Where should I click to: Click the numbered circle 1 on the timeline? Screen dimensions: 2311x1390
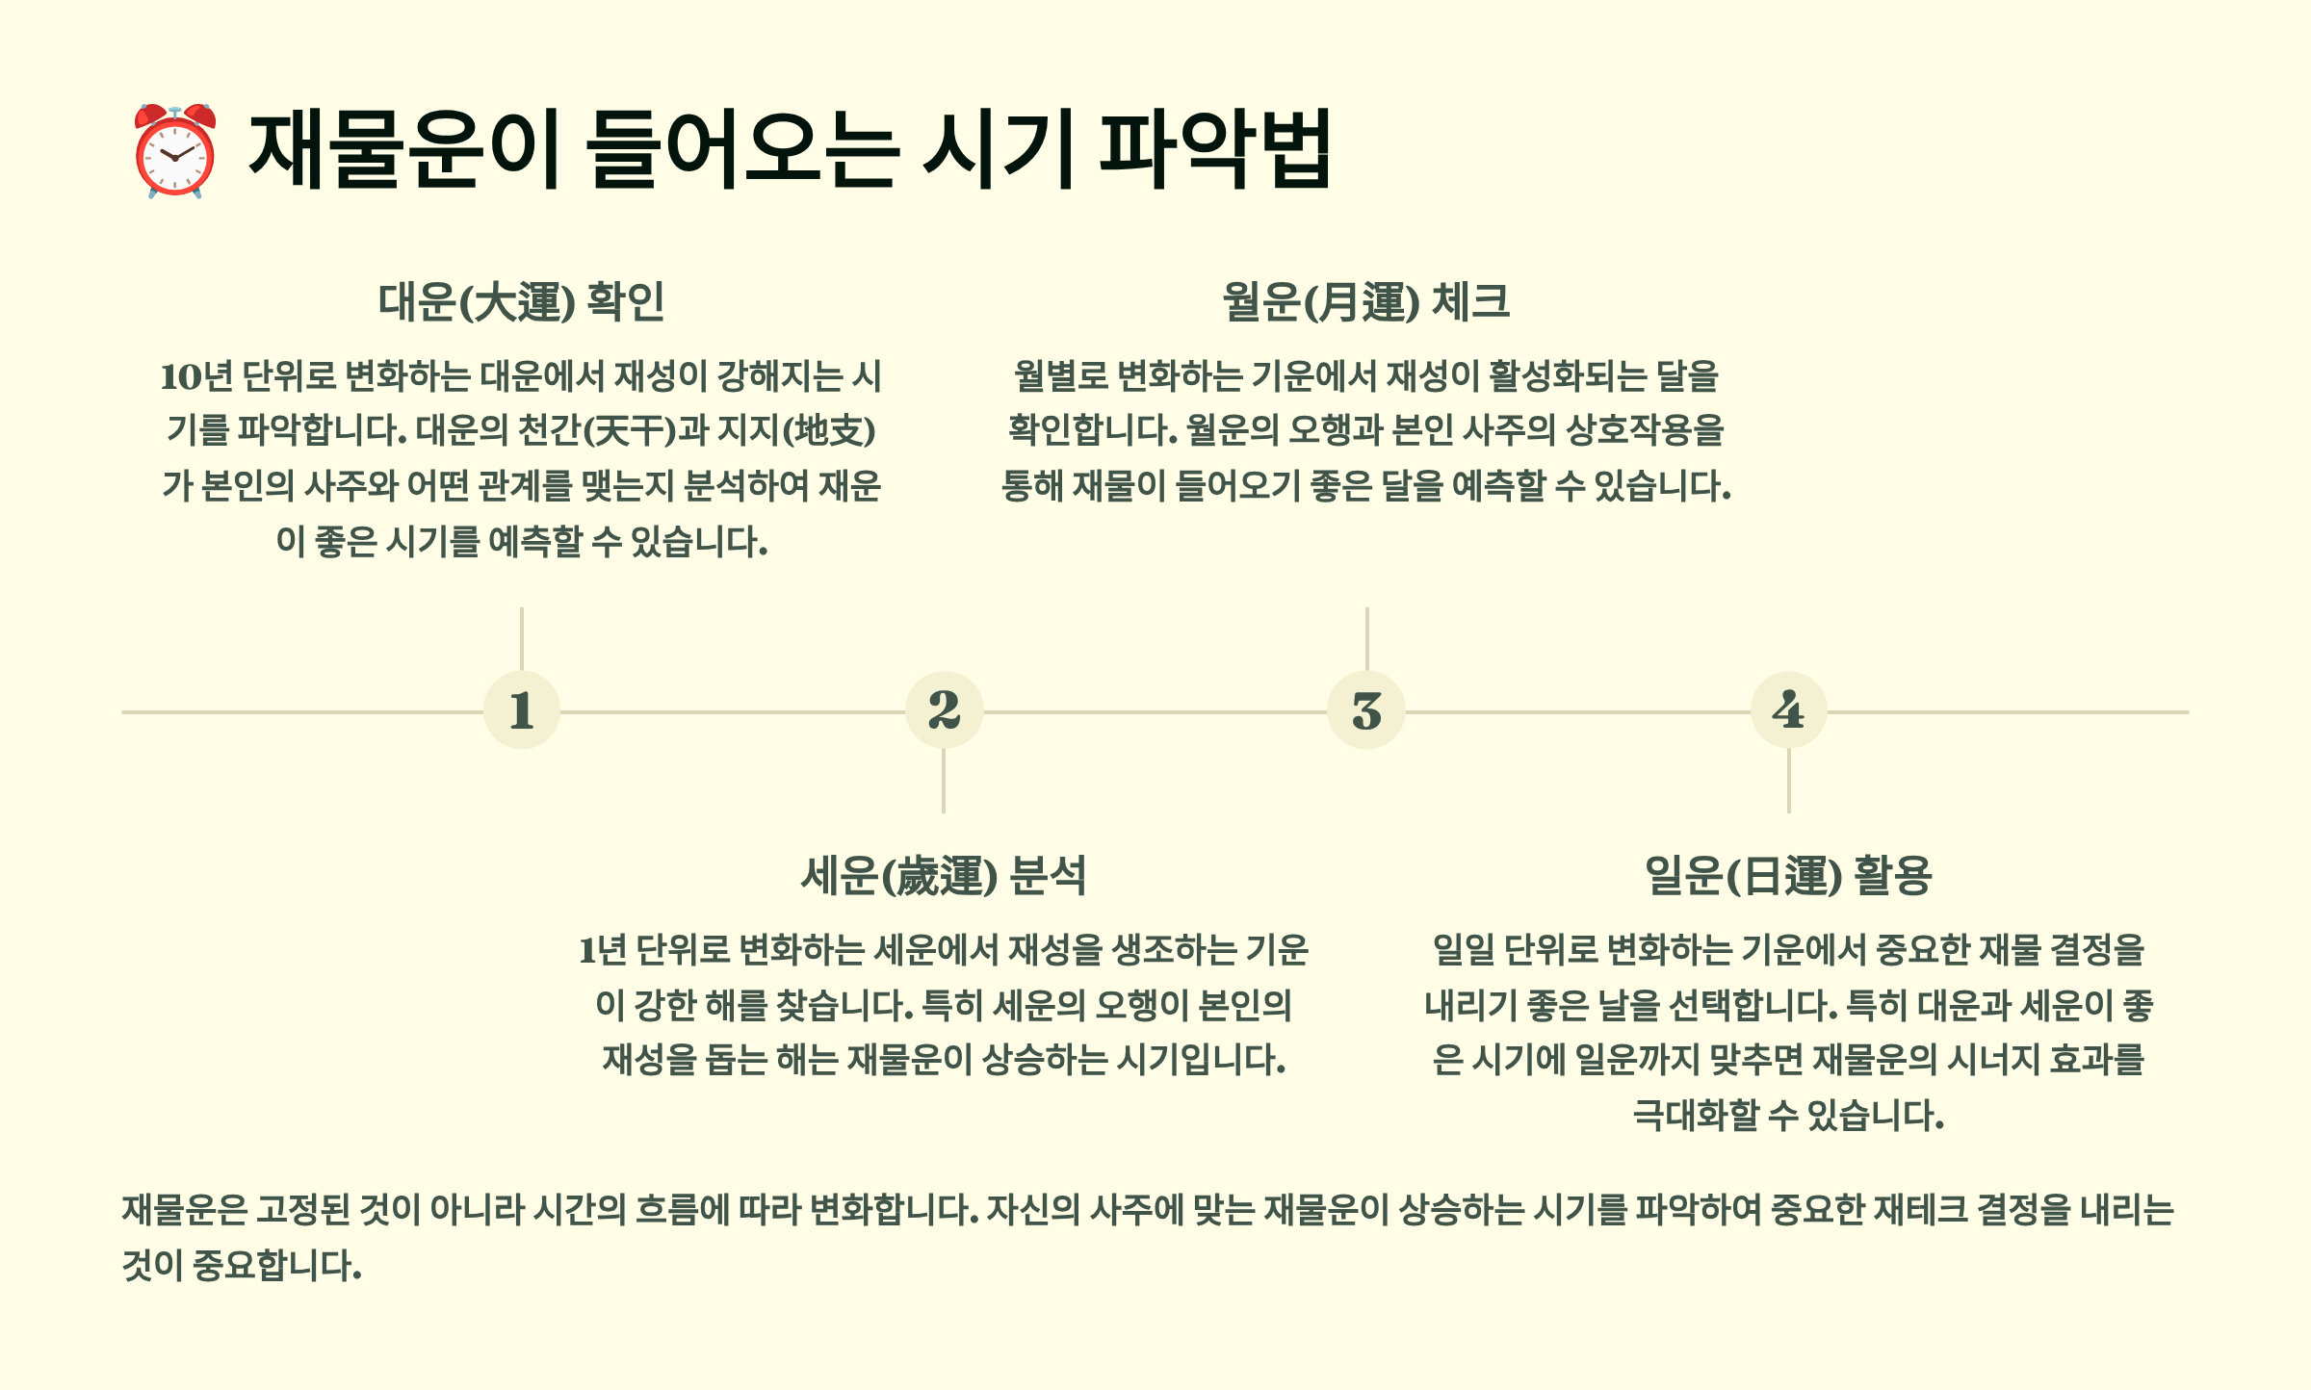click(x=521, y=711)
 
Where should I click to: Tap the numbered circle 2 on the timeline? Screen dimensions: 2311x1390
click(x=944, y=711)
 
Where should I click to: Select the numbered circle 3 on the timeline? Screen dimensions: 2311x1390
click(x=1366, y=711)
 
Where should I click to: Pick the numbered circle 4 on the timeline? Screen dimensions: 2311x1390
click(x=1788, y=711)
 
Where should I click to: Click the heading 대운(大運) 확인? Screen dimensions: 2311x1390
click(x=521, y=302)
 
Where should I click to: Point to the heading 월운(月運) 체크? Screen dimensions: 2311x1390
click(x=1365, y=302)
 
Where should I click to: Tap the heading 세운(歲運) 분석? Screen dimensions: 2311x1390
click(x=944, y=876)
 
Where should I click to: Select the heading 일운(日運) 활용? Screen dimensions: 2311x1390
click(x=1788, y=876)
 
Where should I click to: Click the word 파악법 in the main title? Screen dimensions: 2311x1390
click(x=1215, y=149)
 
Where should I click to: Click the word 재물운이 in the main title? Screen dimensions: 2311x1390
click(x=404, y=149)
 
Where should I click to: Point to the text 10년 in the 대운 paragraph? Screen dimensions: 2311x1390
click(x=196, y=376)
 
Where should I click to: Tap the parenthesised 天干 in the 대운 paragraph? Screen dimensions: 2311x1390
click(x=631, y=430)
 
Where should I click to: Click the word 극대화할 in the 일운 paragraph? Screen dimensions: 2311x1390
click(x=1696, y=1116)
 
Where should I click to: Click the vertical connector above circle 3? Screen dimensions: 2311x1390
click(x=1366, y=638)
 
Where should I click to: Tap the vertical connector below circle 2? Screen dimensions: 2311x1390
click(x=944, y=781)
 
